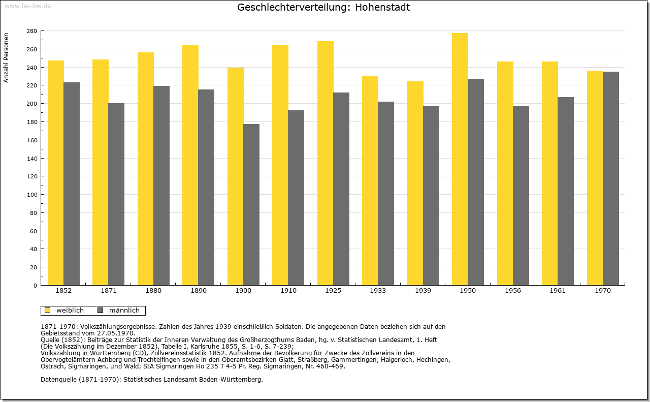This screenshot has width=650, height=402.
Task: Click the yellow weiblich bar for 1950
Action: [460, 159]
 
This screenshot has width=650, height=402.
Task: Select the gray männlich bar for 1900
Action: [251, 205]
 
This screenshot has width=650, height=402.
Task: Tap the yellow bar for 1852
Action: [56, 173]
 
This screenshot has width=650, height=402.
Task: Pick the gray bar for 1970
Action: [611, 178]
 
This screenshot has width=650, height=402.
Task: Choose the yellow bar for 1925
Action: [326, 163]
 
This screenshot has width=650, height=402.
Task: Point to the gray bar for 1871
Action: [116, 194]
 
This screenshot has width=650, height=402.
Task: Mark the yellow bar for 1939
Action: [415, 183]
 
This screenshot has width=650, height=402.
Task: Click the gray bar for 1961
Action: [566, 191]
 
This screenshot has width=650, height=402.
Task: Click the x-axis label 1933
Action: [378, 291]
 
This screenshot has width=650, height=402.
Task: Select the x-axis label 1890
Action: [199, 291]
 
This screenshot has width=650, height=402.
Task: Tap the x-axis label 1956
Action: [513, 291]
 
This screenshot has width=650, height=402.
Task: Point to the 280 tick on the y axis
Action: [32, 31]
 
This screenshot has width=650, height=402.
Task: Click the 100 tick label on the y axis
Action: [32, 195]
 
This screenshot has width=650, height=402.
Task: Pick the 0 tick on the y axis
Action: [35, 286]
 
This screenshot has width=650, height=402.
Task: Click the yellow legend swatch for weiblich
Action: [47, 311]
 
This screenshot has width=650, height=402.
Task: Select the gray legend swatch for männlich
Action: [100, 311]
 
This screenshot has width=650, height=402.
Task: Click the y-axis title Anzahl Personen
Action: [6, 58]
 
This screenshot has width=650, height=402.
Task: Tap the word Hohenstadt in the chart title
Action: [382, 7]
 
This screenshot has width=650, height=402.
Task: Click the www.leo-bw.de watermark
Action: [27, 6]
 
